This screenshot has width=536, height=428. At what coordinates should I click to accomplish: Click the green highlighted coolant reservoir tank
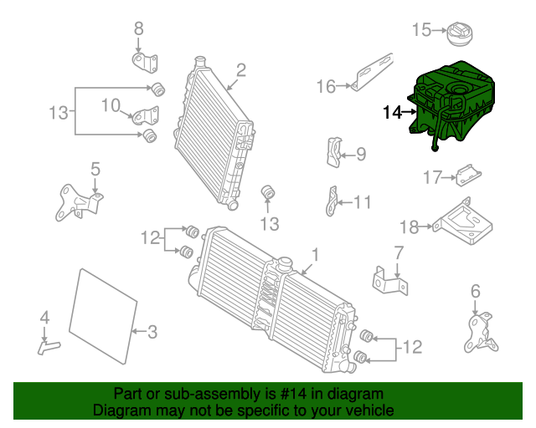click(451, 102)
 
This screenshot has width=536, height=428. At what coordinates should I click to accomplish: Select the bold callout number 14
click(392, 113)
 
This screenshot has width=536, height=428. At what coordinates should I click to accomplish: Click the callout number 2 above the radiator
click(241, 70)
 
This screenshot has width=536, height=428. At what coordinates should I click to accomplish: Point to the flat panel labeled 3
click(103, 316)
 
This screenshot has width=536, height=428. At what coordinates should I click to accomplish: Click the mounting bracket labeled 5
click(80, 202)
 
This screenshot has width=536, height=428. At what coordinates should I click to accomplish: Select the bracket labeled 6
click(481, 333)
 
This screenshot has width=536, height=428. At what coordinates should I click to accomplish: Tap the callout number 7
click(399, 253)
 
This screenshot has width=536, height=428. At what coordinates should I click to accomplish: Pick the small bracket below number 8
click(145, 63)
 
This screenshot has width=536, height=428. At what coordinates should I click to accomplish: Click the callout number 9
click(361, 155)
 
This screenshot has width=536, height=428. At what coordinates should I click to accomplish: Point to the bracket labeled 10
click(146, 115)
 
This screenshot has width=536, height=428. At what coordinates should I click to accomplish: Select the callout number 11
click(363, 202)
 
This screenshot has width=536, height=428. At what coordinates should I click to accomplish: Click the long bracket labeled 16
click(373, 73)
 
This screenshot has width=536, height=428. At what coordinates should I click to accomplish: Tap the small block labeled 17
click(469, 176)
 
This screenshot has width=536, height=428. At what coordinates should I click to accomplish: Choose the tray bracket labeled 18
click(463, 222)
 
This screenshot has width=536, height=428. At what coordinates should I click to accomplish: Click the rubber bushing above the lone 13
click(268, 191)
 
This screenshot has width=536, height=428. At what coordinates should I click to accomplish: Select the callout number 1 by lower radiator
click(315, 255)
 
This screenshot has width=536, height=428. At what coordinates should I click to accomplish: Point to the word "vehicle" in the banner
click(371, 410)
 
